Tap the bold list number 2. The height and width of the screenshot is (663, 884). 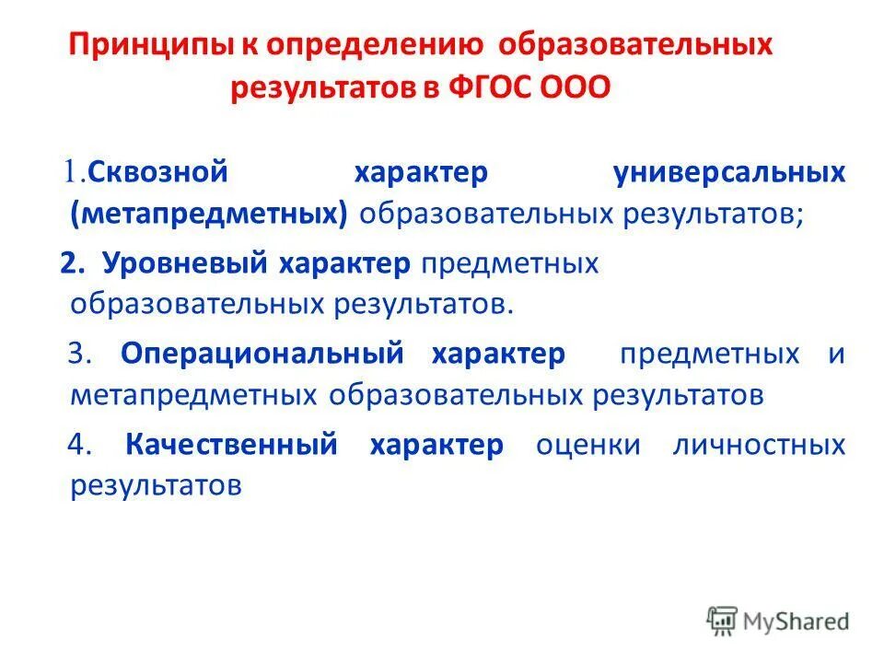[71, 263]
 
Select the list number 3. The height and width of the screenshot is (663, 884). [77, 355]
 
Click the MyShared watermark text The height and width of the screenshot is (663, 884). [797, 621]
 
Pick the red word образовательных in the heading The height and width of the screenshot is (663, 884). [626, 47]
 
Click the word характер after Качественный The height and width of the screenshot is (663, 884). [436, 446]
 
